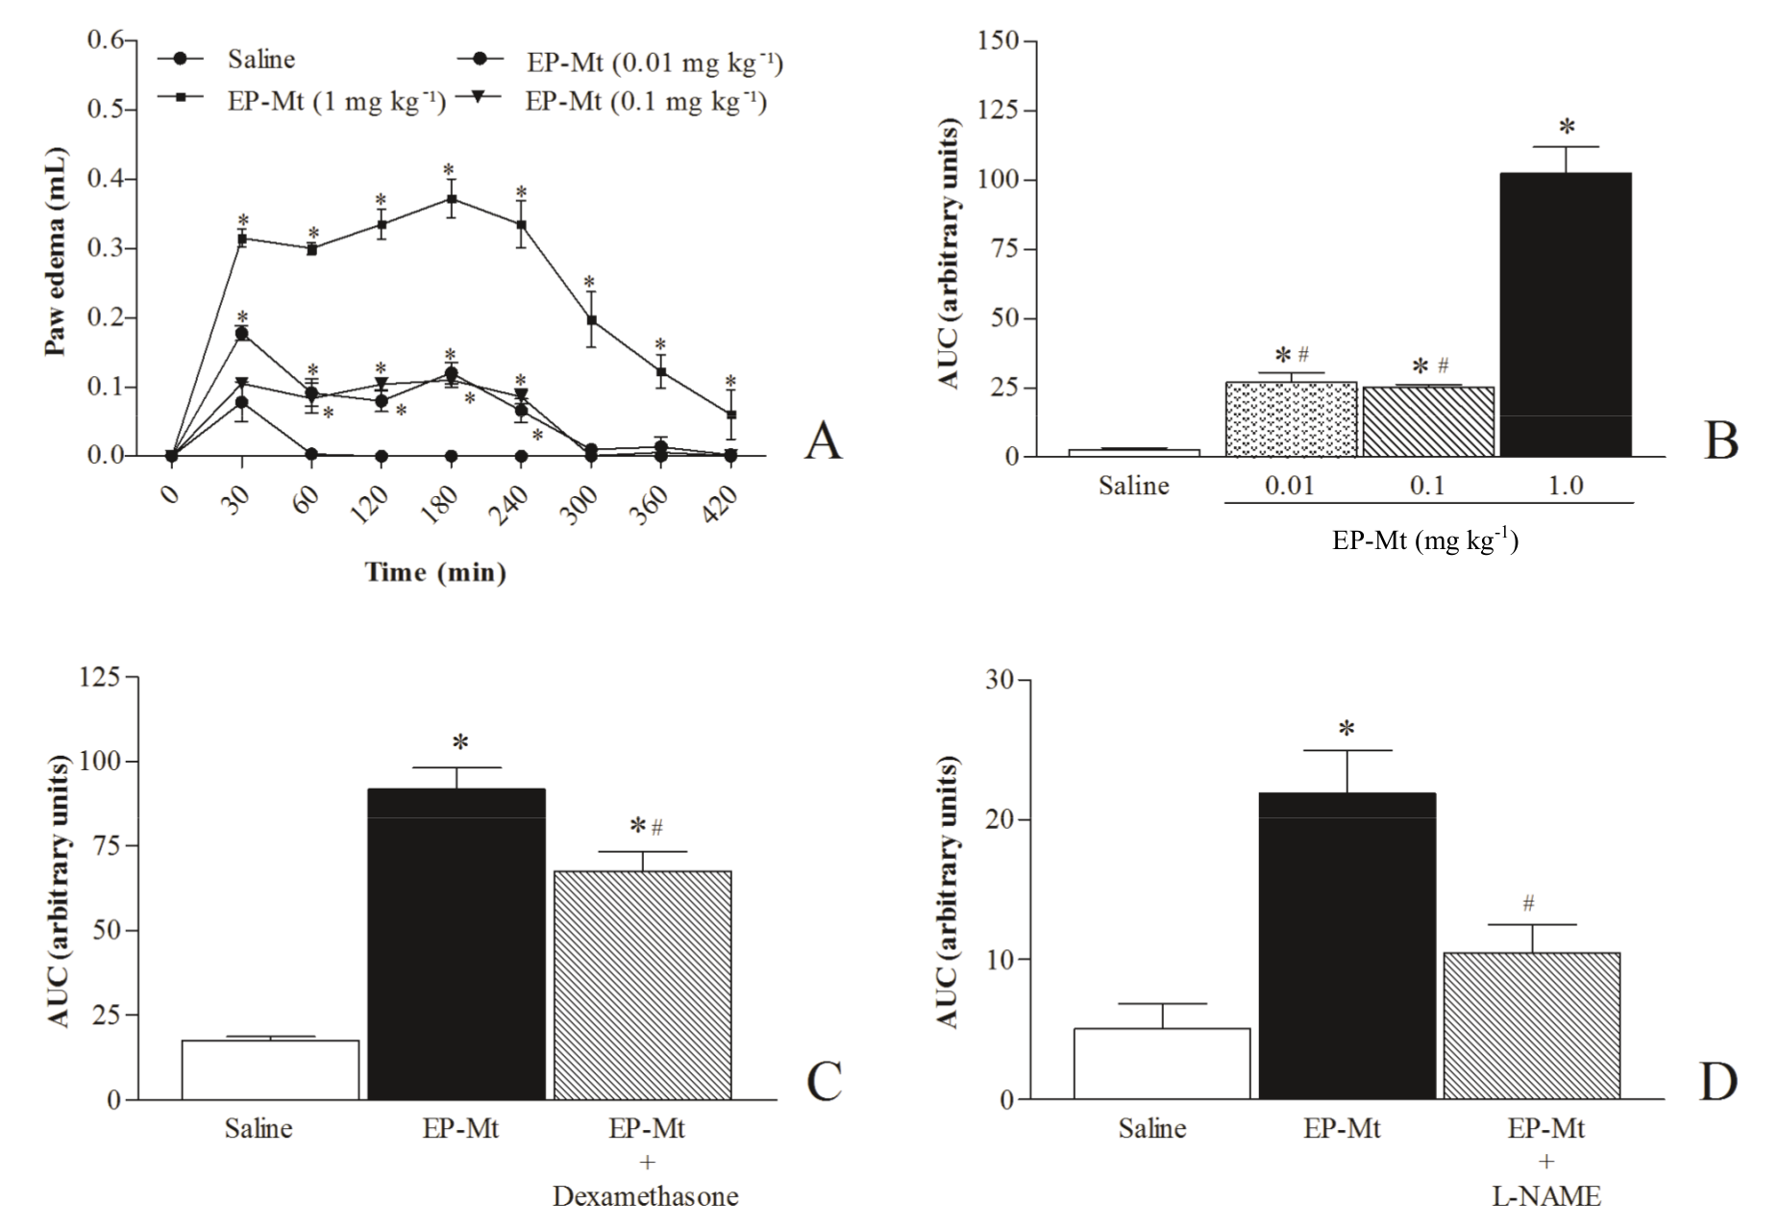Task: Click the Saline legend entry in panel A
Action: point(259,60)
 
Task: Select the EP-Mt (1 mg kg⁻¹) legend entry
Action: point(335,101)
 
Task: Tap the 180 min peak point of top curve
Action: point(450,199)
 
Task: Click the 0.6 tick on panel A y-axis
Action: point(106,39)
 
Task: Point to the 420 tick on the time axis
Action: point(721,503)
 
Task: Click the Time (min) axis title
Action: point(435,572)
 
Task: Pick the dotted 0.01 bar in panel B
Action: point(1290,419)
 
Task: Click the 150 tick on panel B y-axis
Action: point(998,41)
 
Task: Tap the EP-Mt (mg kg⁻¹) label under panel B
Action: point(1424,539)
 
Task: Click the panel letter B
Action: point(1720,439)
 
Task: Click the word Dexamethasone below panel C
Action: point(645,1196)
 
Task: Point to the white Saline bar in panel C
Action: point(270,1069)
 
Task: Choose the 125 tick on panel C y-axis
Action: point(100,678)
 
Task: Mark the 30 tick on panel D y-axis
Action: point(1000,680)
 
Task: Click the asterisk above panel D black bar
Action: point(1347,729)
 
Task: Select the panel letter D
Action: point(1717,1082)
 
